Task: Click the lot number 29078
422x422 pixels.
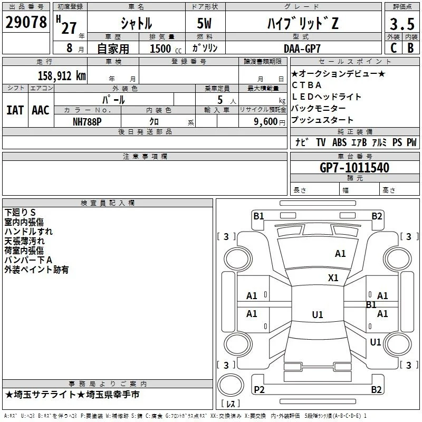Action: (26, 22)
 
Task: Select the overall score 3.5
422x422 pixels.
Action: (402, 24)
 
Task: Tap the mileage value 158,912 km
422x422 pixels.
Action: (62, 76)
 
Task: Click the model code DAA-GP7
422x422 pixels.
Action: (302, 49)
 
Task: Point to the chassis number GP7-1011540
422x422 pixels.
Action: (354, 168)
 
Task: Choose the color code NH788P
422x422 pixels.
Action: (87, 122)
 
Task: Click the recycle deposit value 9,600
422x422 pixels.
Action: (266, 122)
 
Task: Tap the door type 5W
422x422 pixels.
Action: (204, 23)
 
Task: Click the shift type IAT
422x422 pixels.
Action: (15, 110)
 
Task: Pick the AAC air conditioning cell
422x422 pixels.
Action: (41, 110)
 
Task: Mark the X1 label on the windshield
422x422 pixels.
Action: (333, 278)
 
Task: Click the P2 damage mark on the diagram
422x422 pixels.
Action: (259, 389)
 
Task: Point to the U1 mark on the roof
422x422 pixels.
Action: (318, 314)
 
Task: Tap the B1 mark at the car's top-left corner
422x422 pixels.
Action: (258, 216)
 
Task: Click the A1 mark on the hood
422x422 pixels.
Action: (340, 254)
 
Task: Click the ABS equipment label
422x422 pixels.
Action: (339, 142)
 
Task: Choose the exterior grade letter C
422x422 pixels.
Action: (394, 48)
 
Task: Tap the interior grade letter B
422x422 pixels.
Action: (410, 48)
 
